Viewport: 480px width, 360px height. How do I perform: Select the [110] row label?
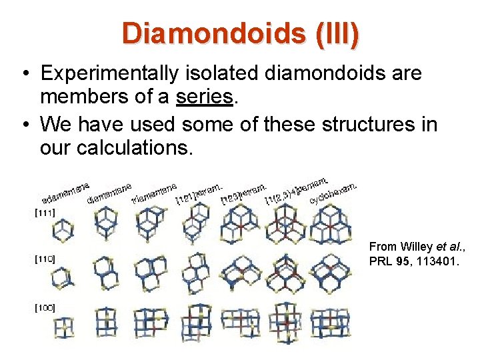[45, 258]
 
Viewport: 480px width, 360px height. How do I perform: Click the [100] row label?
[45, 307]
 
